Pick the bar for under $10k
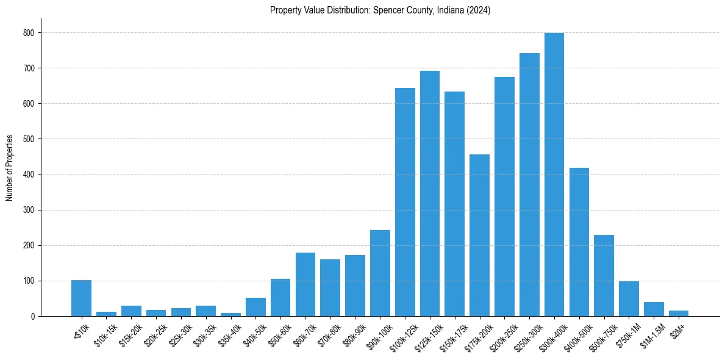point(81,298)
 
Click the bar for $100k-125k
point(405,202)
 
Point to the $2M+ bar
point(678,314)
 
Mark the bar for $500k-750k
point(604,275)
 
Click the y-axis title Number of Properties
point(10,168)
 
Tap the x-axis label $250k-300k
point(526,334)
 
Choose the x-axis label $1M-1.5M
point(650,334)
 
